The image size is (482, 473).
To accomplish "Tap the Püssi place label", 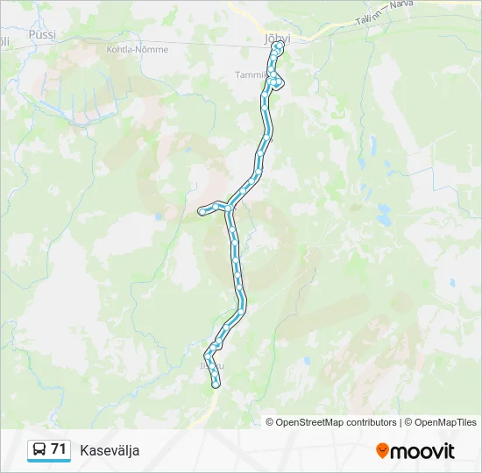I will [41, 34].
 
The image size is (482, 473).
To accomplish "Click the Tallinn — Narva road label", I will [385, 19].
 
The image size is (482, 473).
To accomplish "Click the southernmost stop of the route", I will [216, 384].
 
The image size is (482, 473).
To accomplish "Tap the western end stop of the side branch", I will [202, 210].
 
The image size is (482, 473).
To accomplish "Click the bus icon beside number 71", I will [39, 449].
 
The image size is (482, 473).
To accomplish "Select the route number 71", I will [59, 448].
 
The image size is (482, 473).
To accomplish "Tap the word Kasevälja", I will [110, 450].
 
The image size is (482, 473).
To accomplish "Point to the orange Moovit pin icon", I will [382, 451].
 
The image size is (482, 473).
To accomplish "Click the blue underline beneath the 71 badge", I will [49, 462].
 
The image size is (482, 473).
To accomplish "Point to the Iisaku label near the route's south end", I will [210, 364].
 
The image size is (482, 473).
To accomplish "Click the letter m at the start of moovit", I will [399, 452].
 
